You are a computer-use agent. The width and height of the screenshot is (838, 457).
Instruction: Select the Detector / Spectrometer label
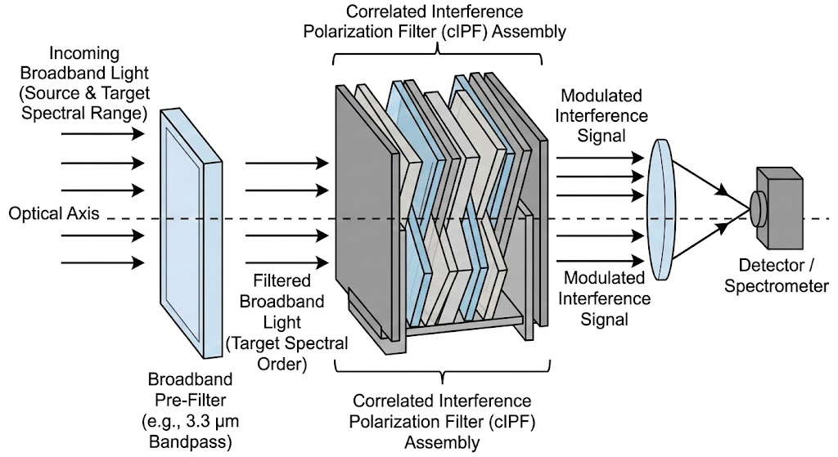pos(783,276)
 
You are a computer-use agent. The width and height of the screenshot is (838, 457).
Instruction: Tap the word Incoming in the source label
pos(84,55)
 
